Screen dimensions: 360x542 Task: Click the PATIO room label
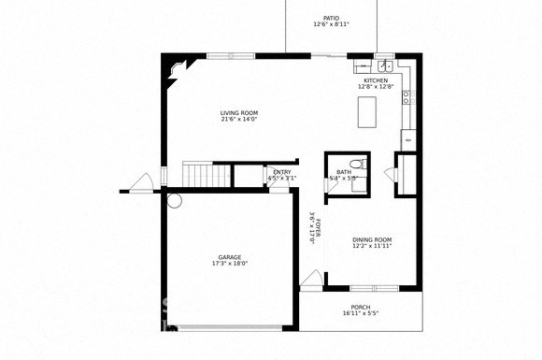pos(331,18)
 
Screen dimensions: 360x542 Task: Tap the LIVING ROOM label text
pos(239,113)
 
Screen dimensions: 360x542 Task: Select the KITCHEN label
pos(376,81)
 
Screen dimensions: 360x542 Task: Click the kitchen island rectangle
pos(365,112)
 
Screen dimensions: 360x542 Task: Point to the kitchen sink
pos(384,66)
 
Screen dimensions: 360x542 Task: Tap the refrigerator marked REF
pos(407,139)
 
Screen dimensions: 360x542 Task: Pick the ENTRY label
pos(281,172)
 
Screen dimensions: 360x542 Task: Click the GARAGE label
pos(230,257)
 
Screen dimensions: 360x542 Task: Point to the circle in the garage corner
pos(174,199)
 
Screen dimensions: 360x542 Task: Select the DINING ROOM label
pos(371,240)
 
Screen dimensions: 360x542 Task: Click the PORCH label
pos(361,308)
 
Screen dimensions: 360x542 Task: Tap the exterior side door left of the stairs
pos(141,183)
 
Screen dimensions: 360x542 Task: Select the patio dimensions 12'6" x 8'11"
pos(331,25)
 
